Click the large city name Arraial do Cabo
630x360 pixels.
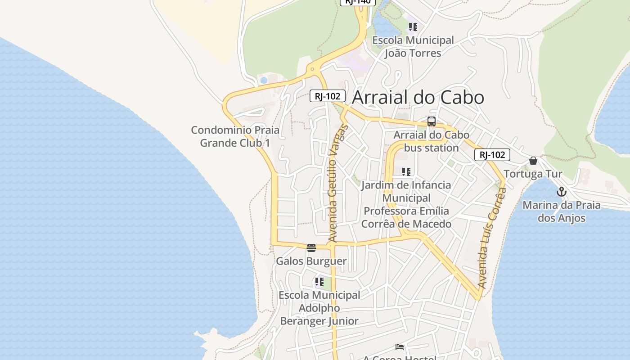coord(418,98)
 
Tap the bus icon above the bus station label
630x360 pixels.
coord(432,121)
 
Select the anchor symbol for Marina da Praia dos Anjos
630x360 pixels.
coord(561,192)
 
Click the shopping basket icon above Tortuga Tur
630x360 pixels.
coord(533,161)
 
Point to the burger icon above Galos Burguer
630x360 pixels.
coord(311,247)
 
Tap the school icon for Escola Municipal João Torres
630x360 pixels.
coord(413,27)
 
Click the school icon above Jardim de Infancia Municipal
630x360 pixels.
coord(406,171)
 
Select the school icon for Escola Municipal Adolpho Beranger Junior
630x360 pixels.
coord(319,282)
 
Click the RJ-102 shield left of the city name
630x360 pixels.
coord(328,96)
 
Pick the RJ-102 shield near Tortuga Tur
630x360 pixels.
coord(492,155)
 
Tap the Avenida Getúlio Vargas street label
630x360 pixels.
coord(337,184)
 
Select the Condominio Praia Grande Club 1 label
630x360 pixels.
coord(235,136)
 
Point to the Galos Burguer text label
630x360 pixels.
coord(311,261)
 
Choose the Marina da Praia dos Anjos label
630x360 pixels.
coord(562,211)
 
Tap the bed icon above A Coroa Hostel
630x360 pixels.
coord(400,347)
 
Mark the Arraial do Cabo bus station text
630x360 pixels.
coord(432,141)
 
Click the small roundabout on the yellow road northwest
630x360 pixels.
coord(312,69)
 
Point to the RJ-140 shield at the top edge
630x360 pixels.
coord(357,2)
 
